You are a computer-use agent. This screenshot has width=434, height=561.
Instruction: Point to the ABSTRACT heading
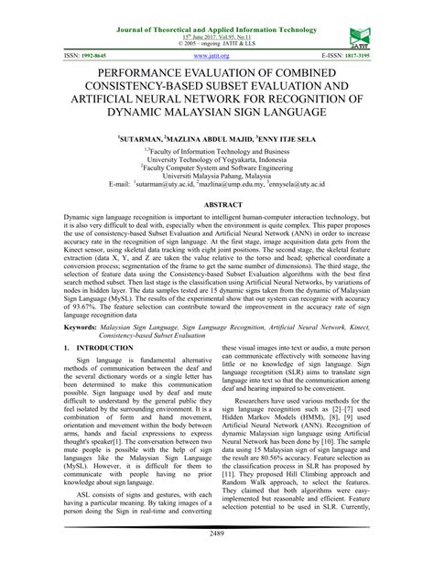point(217,206)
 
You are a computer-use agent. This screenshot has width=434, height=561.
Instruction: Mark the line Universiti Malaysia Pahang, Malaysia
point(217,175)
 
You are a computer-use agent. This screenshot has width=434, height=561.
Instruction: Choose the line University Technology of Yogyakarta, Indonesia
point(217,157)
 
